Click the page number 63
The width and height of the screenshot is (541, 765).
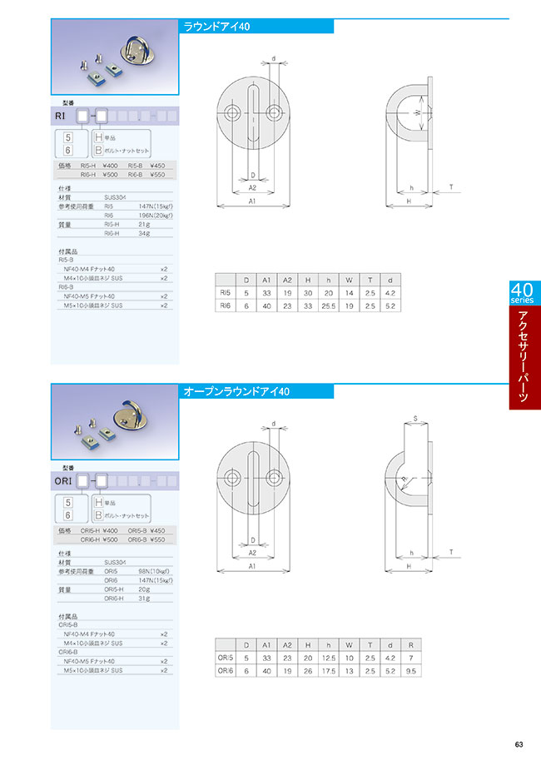[x=519, y=744]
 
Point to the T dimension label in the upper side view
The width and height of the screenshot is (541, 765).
[x=450, y=188]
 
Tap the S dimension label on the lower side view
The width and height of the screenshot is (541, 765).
[x=414, y=418]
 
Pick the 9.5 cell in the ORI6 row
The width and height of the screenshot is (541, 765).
[x=411, y=672]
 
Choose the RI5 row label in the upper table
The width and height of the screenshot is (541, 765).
[x=225, y=293]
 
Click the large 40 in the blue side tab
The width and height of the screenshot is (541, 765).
[x=522, y=290]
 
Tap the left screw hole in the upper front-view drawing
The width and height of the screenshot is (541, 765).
[x=231, y=112]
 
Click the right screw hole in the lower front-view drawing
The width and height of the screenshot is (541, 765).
[x=275, y=475]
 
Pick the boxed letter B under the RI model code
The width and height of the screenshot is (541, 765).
[x=98, y=151]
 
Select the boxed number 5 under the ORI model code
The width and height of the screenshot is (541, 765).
[x=69, y=503]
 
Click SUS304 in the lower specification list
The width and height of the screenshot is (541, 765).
[x=114, y=562]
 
